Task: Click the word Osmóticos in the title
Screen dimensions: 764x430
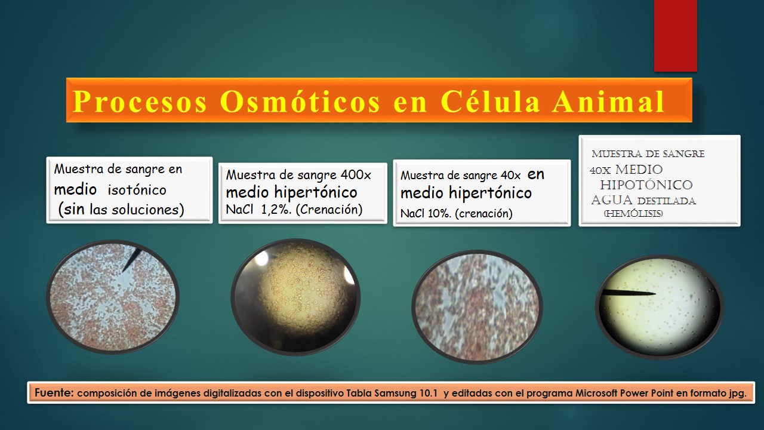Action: click(x=300, y=102)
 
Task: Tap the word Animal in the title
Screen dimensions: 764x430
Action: click(x=608, y=102)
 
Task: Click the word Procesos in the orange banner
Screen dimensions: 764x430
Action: click(x=140, y=102)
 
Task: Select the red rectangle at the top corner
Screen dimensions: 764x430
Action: click(x=675, y=36)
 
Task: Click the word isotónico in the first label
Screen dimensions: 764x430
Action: click(x=137, y=190)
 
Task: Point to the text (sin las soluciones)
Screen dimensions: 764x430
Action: click(x=121, y=209)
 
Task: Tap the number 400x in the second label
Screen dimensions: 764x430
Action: click(x=356, y=175)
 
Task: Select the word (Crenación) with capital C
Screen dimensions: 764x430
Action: click(x=329, y=209)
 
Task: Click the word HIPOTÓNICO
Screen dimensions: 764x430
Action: click(x=646, y=185)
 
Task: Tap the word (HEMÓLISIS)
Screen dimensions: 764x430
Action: click(x=633, y=214)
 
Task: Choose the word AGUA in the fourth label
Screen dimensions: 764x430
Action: click(x=612, y=200)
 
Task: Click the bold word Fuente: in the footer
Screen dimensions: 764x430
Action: click(x=54, y=393)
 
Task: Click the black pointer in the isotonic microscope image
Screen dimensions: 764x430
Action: click(x=132, y=260)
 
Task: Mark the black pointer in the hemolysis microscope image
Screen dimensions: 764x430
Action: click(x=628, y=293)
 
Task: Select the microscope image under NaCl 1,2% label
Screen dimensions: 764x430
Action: click(x=295, y=297)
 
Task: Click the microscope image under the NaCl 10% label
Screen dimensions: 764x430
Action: click(x=477, y=307)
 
